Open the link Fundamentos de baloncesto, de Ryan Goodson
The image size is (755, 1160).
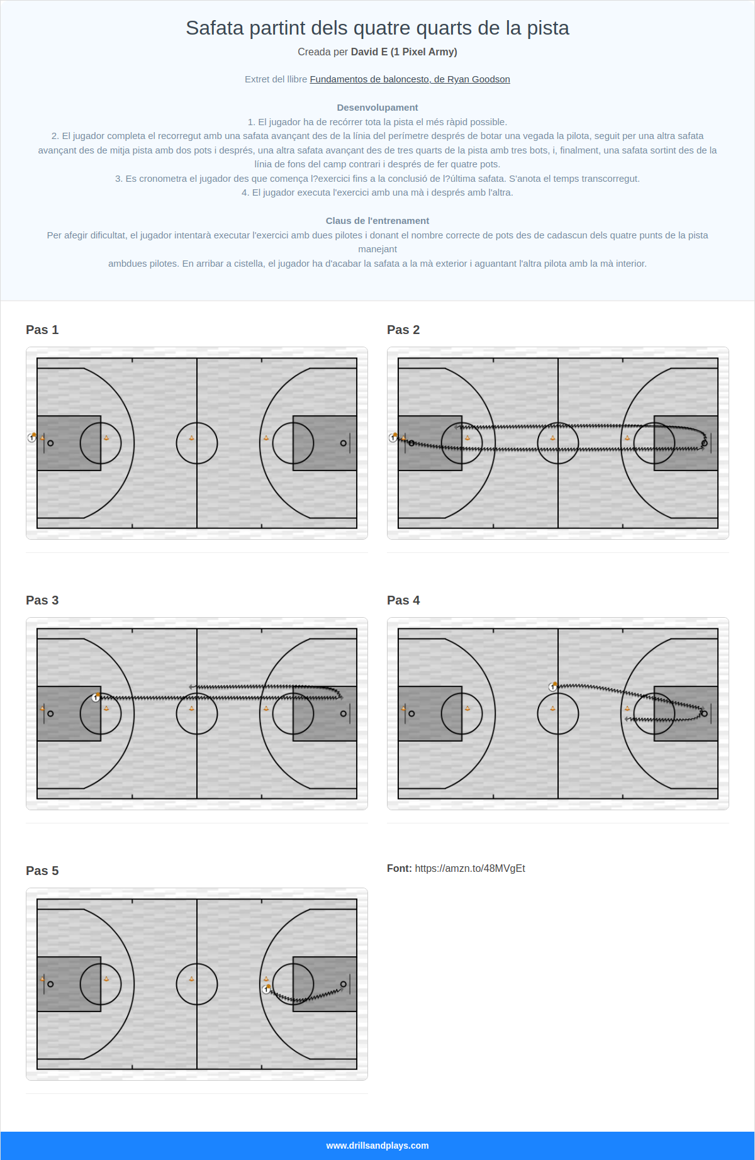pyautogui.click(x=410, y=79)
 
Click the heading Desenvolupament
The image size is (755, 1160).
pyautogui.click(x=377, y=108)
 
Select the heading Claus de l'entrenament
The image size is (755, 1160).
pyautogui.click(x=377, y=221)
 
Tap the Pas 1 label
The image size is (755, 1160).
pyautogui.click(x=42, y=330)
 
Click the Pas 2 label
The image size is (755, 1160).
pyautogui.click(x=403, y=330)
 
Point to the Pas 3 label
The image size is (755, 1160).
pyautogui.click(x=42, y=600)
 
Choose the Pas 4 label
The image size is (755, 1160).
pyautogui.click(x=403, y=600)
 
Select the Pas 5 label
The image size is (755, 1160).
pyautogui.click(x=42, y=871)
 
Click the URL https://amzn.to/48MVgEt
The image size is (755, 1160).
pyautogui.click(x=470, y=869)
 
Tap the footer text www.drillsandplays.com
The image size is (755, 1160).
pyautogui.click(x=377, y=1146)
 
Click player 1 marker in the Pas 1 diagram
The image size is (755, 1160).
pyautogui.click(x=31, y=438)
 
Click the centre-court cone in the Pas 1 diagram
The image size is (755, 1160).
pyautogui.click(x=192, y=438)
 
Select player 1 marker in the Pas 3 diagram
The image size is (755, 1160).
pyautogui.click(x=96, y=698)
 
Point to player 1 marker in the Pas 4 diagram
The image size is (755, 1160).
pyautogui.click(x=552, y=687)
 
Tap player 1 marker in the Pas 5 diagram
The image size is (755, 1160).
pyautogui.click(x=266, y=990)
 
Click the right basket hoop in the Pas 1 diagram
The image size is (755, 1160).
pyautogui.click(x=343, y=443)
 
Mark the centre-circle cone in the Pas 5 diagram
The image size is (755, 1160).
pyautogui.click(x=192, y=979)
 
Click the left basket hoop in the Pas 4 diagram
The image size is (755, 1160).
pyautogui.click(x=411, y=714)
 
